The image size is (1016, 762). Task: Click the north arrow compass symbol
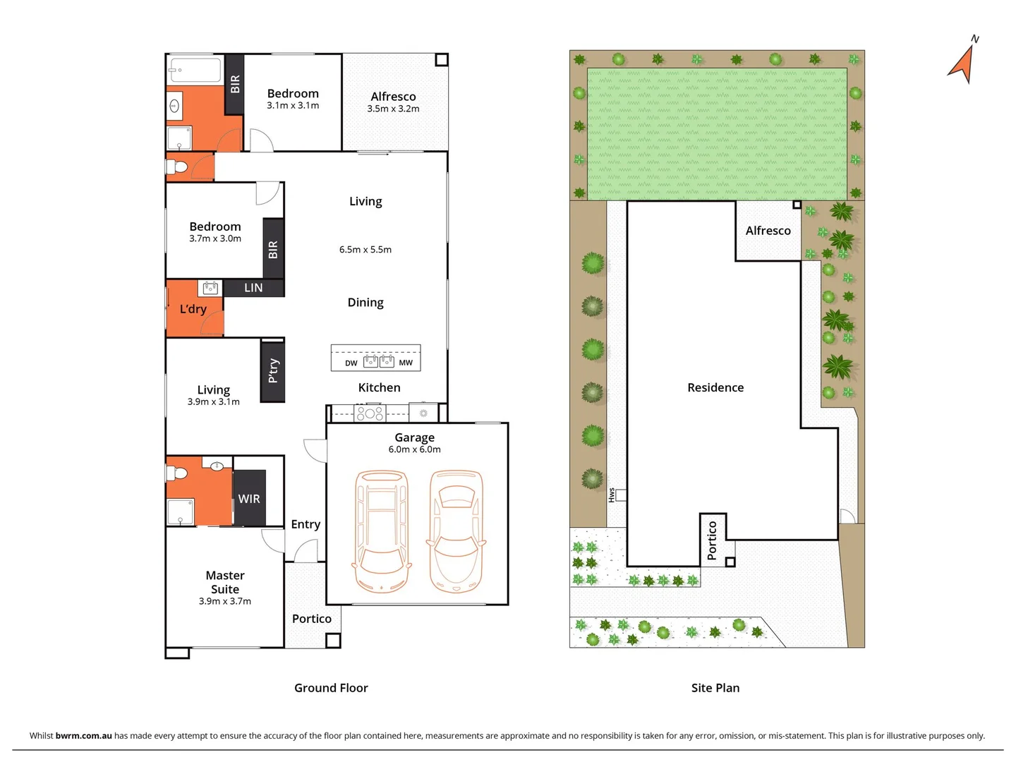[962, 62]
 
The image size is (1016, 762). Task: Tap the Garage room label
[414, 437]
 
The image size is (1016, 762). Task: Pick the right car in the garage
[456, 531]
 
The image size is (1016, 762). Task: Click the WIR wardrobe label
[249, 499]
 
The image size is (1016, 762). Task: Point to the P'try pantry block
[273, 371]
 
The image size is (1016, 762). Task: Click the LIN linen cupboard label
[253, 288]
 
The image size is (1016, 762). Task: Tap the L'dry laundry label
[193, 309]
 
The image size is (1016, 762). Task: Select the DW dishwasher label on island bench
[351, 363]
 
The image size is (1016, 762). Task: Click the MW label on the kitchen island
[406, 363]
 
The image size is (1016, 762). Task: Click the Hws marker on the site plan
[612, 495]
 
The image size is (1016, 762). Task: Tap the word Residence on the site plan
[715, 387]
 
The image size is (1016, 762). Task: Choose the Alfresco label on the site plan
[768, 231]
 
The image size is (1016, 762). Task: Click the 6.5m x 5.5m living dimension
[365, 250]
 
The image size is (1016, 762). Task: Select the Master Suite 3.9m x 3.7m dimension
[224, 602]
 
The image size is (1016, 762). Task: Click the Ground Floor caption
[331, 688]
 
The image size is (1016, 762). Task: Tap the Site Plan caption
[715, 688]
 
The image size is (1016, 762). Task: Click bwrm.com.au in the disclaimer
[83, 736]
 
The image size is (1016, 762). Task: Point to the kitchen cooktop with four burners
[370, 413]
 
